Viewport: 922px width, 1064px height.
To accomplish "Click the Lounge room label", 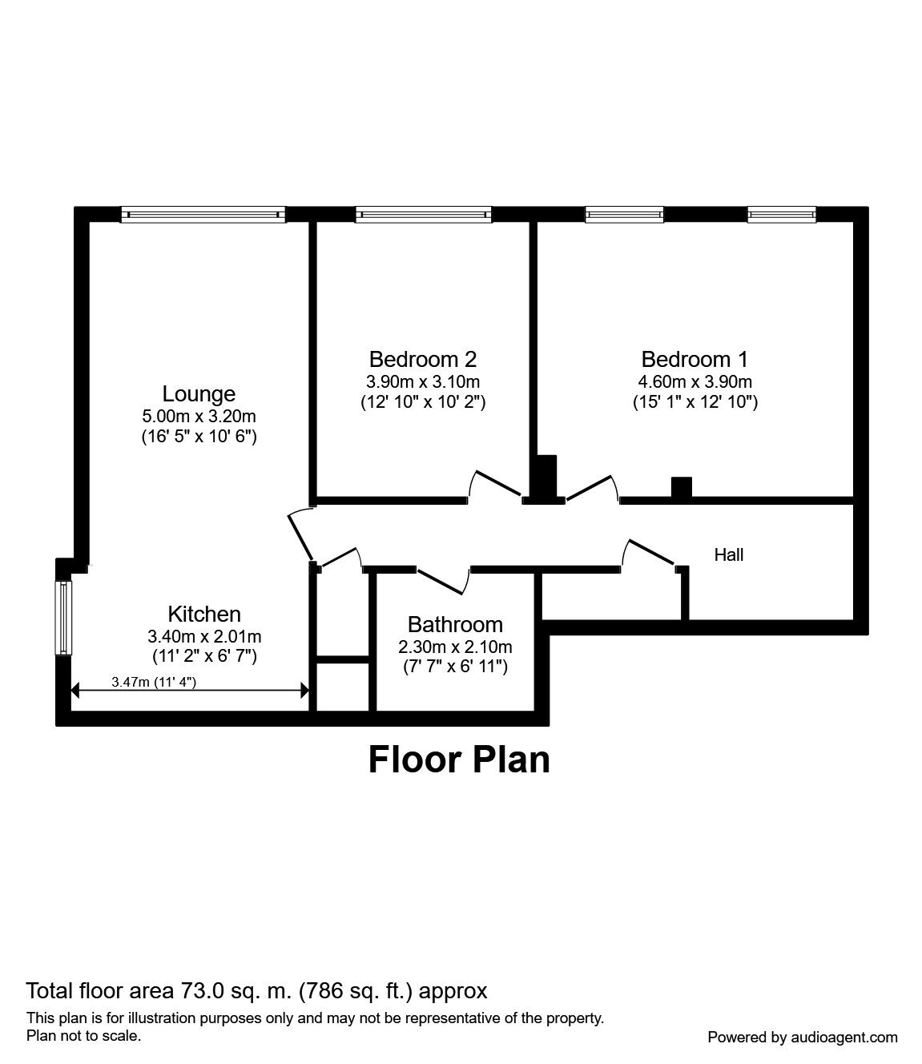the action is point(199,393).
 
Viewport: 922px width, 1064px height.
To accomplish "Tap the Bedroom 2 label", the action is point(423,359).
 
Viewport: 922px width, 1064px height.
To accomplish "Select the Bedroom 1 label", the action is point(695,359).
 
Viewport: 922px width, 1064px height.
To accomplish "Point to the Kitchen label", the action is point(204,614).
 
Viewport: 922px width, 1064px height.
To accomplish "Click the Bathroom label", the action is point(455,624).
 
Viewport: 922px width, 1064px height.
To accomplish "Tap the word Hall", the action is point(728,555).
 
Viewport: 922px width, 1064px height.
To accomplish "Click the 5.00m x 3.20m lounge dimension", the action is point(199,416).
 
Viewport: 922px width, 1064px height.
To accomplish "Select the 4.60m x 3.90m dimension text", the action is point(695,382).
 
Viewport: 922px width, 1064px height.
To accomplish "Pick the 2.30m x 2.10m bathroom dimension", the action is point(455,647).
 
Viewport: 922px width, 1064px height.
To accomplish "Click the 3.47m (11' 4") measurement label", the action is point(154,682).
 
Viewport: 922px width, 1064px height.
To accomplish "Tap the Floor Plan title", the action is point(459,760).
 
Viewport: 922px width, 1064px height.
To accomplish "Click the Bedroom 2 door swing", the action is point(495,483).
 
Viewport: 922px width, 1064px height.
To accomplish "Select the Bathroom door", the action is point(444,581).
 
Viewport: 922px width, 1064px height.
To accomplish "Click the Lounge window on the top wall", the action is point(203,214).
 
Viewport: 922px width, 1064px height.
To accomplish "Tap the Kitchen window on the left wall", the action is point(64,618).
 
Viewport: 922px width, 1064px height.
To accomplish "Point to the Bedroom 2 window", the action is point(423,214).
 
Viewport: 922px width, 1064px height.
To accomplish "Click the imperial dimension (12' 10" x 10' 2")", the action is point(423,401).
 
